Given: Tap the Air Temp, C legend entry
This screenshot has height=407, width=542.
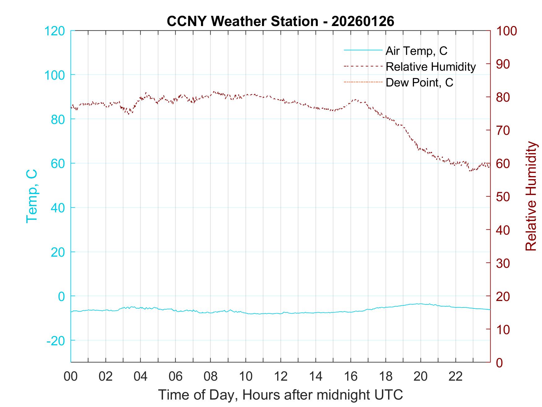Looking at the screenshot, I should click(416, 51).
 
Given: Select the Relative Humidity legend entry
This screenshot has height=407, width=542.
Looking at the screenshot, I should click(430, 67).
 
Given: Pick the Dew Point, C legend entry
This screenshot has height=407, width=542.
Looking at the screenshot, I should click(419, 82).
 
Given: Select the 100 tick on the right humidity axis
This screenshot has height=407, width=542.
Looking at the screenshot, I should click(506, 31).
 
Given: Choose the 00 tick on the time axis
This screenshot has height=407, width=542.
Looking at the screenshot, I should click(71, 376).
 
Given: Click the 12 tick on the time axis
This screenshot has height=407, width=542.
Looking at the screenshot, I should click(281, 376).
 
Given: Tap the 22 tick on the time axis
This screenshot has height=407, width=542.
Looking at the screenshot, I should click(456, 376).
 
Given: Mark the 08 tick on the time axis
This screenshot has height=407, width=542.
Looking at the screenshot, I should click(211, 376).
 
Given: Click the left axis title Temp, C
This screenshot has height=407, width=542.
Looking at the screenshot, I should click(32, 196).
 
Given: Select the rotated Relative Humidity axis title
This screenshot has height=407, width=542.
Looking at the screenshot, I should click(531, 196).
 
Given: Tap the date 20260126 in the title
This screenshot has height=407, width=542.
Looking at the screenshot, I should click(363, 21).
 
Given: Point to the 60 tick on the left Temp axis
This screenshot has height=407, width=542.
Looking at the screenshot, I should click(58, 164).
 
